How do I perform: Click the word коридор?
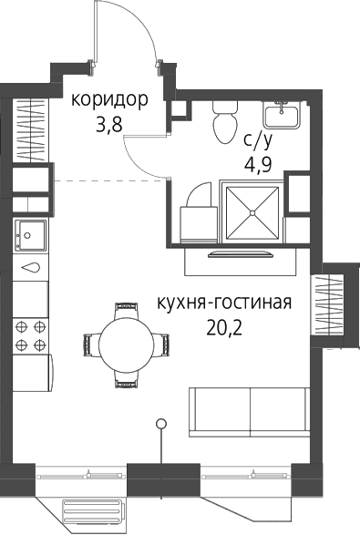(x=109, y=99)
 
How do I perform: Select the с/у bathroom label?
(x=258, y=139)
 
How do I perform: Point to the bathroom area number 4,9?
(x=258, y=165)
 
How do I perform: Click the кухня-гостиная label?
(x=224, y=303)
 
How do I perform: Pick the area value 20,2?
(x=224, y=327)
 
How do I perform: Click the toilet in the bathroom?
(x=225, y=122)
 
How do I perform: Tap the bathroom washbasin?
(x=282, y=115)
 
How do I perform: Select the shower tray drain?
(x=252, y=213)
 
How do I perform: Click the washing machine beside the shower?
(x=199, y=224)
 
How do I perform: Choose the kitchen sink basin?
(x=30, y=235)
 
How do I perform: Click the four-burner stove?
(x=30, y=335)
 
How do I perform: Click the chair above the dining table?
(x=127, y=308)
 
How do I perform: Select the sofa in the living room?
(x=250, y=412)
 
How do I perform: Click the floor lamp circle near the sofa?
(x=160, y=424)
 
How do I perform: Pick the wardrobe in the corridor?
(x=30, y=130)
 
